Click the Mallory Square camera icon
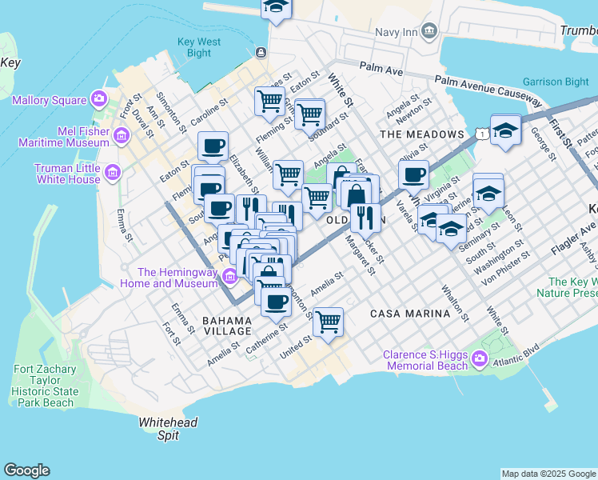pyautogui.click(x=99, y=100)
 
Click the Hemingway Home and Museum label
pyautogui.click(x=169, y=278)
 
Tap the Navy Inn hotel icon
pyautogui.click(x=430, y=31)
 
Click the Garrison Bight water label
pyautogui.click(x=555, y=82)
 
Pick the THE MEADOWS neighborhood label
pyautogui.click(x=422, y=134)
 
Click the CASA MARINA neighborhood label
pyautogui.click(x=410, y=314)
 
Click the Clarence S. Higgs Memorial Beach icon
pyautogui.click(x=479, y=359)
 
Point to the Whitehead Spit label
pyautogui.click(x=168, y=428)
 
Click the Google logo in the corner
pyautogui.click(x=26, y=470)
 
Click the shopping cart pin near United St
pyautogui.click(x=328, y=322)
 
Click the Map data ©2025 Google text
pyautogui.click(x=548, y=474)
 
